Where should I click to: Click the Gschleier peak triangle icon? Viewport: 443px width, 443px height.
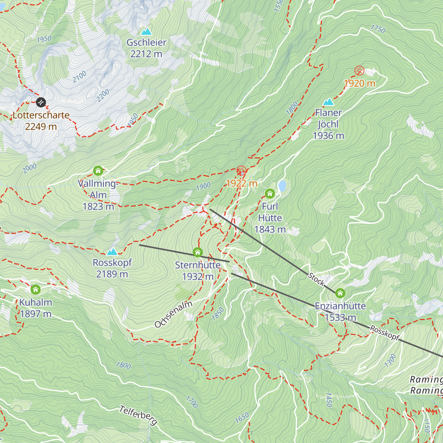[x=147, y=32]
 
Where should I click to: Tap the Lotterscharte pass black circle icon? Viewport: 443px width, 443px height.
[x=41, y=102]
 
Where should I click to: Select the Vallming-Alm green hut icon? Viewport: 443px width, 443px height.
[x=98, y=171]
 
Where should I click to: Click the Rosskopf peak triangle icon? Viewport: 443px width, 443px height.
[x=112, y=252]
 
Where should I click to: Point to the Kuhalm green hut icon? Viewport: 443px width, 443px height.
[x=35, y=289]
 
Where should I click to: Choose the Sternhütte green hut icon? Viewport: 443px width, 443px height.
[x=198, y=253]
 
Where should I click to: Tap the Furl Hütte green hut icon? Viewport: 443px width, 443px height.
[x=270, y=193]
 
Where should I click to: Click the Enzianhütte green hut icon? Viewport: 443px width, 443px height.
[x=340, y=293]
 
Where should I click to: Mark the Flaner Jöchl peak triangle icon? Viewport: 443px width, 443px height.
[x=328, y=102]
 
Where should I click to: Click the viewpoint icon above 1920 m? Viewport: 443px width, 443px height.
[x=359, y=71]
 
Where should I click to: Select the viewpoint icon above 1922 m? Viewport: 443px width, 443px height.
[x=241, y=171]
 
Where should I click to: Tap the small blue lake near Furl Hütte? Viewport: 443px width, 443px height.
[x=282, y=186]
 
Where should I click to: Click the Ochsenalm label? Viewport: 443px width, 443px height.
[x=173, y=314]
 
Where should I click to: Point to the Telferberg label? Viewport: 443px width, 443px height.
[x=138, y=415]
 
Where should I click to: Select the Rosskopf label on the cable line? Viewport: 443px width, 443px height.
[x=385, y=333]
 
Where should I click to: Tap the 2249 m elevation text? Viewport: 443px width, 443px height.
[x=41, y=127]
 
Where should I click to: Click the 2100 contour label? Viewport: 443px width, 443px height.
[x=79, y=76]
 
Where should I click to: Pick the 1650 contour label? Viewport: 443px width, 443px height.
[x=242, y=418]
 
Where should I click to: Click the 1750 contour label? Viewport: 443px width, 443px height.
[x=378, y=29]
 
